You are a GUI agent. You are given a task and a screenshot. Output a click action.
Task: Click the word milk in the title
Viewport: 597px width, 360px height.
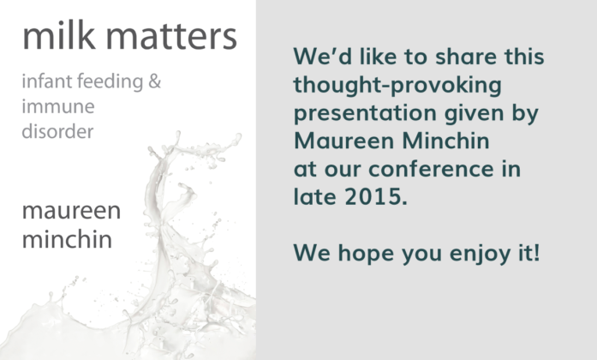(58, 36)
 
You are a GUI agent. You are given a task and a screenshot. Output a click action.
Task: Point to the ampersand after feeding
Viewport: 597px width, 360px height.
(154, 81)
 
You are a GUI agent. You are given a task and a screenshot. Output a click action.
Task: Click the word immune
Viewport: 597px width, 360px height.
(58, 106)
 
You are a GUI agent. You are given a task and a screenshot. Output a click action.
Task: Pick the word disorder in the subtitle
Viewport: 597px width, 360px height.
(57, 131)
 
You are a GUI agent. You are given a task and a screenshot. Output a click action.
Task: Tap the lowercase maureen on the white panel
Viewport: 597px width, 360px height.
(72, 211)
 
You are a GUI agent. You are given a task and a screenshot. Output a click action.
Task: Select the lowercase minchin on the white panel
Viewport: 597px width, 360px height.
(67, 239)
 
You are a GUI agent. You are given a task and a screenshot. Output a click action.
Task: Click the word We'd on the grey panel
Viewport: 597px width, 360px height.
(323, 56)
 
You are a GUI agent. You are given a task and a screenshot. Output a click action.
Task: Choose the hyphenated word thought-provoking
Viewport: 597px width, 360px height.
(397, 86)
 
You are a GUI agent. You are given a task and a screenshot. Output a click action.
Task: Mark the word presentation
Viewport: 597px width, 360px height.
(365, 114)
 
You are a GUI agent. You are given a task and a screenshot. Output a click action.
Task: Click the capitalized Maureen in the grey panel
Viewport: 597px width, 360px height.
(343, 141)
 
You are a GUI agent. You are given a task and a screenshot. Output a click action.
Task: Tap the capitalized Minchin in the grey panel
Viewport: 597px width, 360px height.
(446, 141)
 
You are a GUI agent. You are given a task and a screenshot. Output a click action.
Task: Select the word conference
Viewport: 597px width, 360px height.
(431, 169)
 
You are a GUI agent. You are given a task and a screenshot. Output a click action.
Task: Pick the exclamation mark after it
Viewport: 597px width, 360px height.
(536, 253)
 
